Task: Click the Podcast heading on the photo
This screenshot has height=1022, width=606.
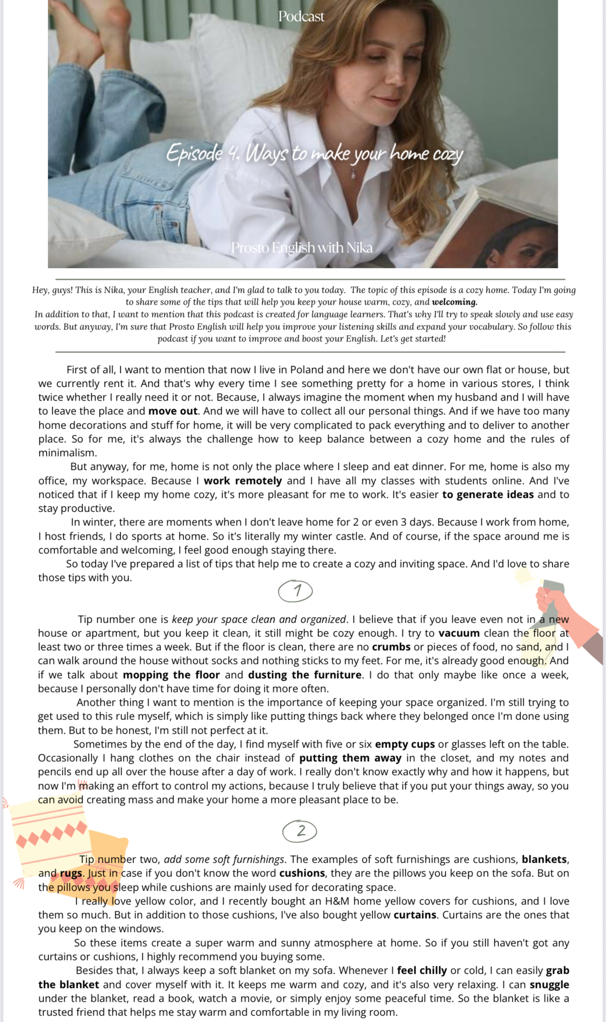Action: coord(301,17)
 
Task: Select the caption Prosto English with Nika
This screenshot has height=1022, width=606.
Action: coord(302,248)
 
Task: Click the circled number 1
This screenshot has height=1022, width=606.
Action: coord(296,591)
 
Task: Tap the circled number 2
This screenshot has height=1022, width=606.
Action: coord(300,831)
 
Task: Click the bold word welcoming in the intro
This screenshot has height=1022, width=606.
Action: coord(454,302)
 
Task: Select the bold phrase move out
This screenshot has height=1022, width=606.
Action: coord(173,411)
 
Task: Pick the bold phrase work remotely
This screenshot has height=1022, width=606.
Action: coord(243,480)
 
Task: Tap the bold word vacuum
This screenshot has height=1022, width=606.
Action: coord(459,633)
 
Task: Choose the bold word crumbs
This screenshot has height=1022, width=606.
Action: coord(391,647)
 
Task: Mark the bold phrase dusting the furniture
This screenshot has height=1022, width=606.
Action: coord(305,675)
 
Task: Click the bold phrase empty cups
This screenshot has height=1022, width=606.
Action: coord(405,744)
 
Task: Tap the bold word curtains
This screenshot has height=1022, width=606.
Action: coord(415,915)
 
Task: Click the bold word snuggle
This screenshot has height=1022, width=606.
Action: coord(549,985)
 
